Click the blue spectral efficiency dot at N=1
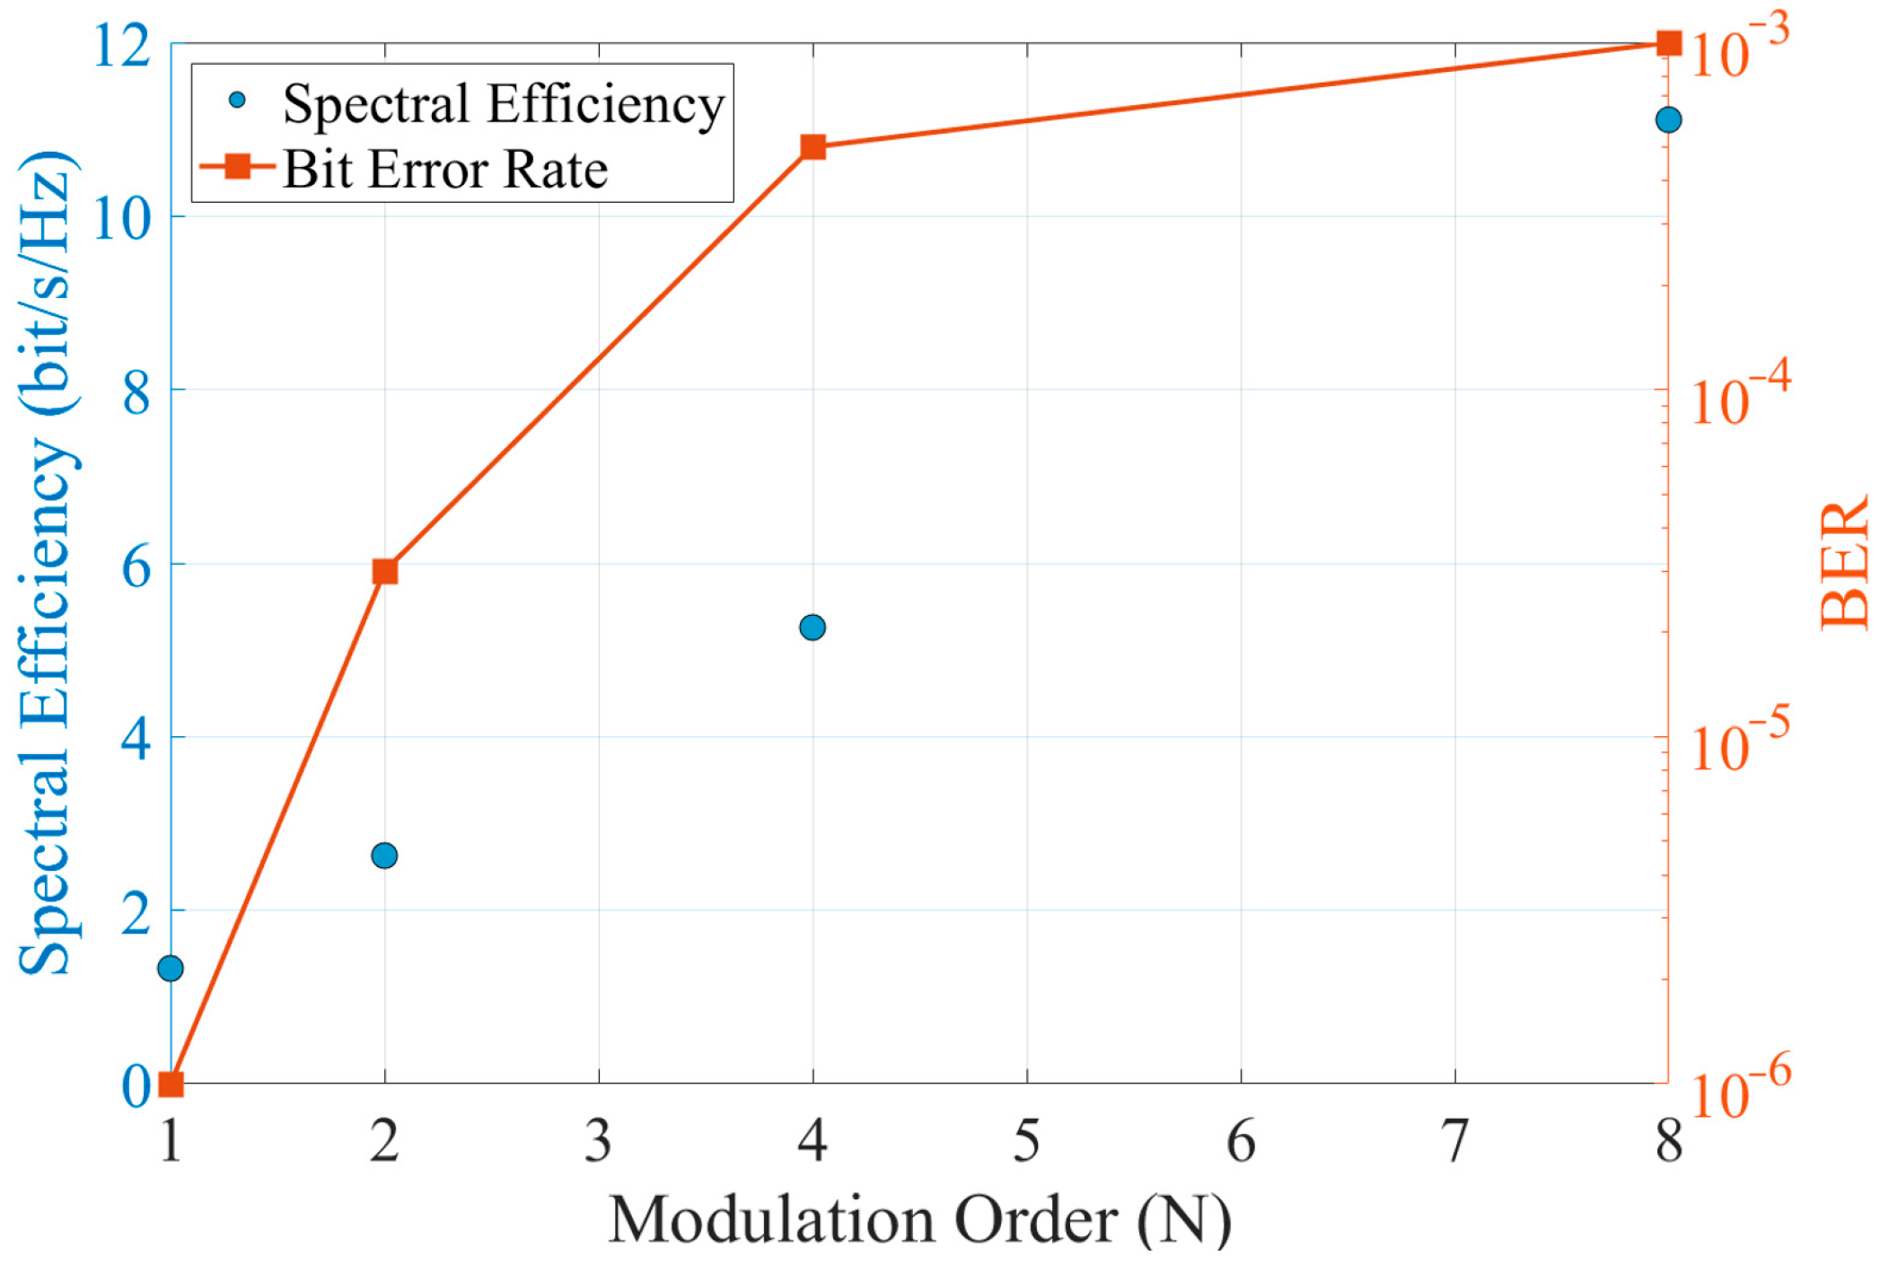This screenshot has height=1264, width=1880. (171, 969)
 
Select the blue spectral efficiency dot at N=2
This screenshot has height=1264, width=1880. (384, 856)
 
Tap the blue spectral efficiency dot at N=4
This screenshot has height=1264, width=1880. (813, 628)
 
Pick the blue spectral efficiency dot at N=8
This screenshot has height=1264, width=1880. (1668, 119)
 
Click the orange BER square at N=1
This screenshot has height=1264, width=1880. (171, 1084)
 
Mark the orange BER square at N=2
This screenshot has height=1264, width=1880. (385, 572)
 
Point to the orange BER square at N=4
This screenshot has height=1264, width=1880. (813, 147)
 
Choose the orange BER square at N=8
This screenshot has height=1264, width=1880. (1668, 43)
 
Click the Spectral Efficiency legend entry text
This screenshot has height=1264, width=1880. (503, 104)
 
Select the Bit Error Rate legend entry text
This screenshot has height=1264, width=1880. (445, 170)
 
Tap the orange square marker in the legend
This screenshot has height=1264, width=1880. (238, 166)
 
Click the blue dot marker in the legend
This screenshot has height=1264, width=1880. (237, 100)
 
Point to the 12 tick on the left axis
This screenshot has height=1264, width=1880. (123, 45)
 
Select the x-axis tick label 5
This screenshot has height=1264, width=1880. (1026, 1143)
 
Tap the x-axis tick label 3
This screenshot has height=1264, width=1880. (598, 1143)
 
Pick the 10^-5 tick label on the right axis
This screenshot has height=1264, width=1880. (1738, 743)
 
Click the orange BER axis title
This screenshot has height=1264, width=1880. (1844, 566)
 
